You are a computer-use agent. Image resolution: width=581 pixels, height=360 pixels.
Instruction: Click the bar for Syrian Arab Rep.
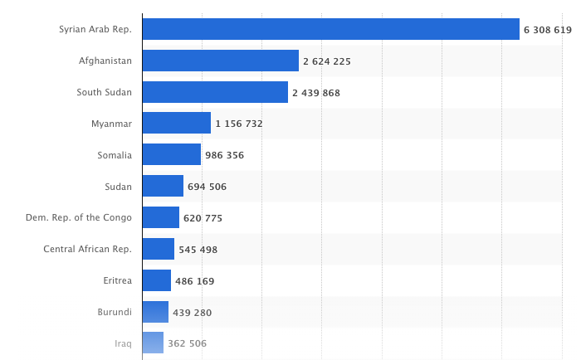pos(330,29)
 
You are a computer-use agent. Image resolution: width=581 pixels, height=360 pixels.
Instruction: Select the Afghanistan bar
pos(220,61)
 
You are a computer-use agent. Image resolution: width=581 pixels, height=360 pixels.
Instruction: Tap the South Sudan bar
pos(215,92)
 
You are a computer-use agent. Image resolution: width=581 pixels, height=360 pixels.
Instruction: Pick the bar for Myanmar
pos(176,123)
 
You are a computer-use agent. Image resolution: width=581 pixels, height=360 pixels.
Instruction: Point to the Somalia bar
pos(171,154)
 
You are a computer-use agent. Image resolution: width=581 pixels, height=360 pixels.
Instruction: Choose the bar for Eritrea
pos(156,280)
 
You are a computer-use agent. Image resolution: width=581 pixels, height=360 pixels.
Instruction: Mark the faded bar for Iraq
pos(153,343)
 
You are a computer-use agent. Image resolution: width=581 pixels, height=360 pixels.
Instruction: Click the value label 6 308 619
pos(547,30)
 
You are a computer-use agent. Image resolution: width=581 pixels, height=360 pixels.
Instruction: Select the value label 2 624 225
pos(332,61)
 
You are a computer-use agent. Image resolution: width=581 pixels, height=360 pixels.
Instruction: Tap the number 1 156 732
pos(238,124)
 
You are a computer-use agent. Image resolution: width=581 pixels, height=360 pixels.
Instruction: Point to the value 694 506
pos(207,187)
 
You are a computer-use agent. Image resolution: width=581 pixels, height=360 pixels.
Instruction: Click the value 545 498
pos(198,249)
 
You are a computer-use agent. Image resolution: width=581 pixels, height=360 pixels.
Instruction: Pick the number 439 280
pos(192,312)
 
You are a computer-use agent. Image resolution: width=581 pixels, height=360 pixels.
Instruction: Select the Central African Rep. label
pos(87,249)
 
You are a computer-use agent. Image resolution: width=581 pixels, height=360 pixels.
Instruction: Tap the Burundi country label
pos(115,312)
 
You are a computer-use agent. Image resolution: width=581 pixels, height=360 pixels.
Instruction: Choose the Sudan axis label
pos(118,186)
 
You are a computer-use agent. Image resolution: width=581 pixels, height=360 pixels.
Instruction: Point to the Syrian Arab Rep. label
pos(95,29)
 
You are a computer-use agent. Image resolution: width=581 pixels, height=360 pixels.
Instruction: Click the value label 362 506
pos(187,343)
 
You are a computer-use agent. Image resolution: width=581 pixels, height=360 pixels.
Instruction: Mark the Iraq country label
pos(123,343)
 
